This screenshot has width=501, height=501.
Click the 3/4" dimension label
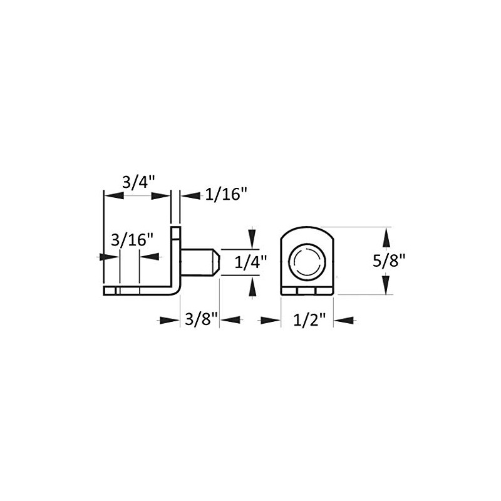point(138,183)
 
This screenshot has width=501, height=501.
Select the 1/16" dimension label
point(226,194)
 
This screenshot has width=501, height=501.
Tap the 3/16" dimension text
point(132,240)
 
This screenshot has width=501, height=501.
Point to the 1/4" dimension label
point(250,262)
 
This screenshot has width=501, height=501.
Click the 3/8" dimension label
point(202,319)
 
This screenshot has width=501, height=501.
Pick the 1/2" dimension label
point(309,320)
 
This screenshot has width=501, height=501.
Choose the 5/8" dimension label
point(389,261)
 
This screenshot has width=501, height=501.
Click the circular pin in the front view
point(307,262)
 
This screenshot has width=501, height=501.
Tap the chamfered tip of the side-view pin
point(216,262)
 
